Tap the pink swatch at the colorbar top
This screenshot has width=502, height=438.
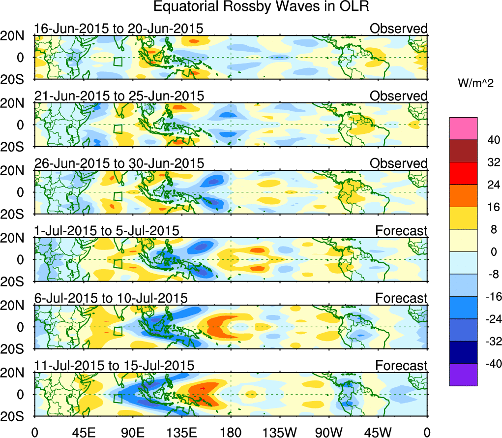[x=463, y=128]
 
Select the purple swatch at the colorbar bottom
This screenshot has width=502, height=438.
[x=463, y=375]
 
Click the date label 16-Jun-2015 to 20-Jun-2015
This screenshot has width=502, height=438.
[x=118, y=29]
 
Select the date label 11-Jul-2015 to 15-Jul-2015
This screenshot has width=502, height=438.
[x=114, y=366]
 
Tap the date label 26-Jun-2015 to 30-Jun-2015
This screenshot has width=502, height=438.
[x=118, y=163]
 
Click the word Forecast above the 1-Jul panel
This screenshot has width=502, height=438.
[x=401, y=230]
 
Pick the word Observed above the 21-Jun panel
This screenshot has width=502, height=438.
[x=398, y=96]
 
